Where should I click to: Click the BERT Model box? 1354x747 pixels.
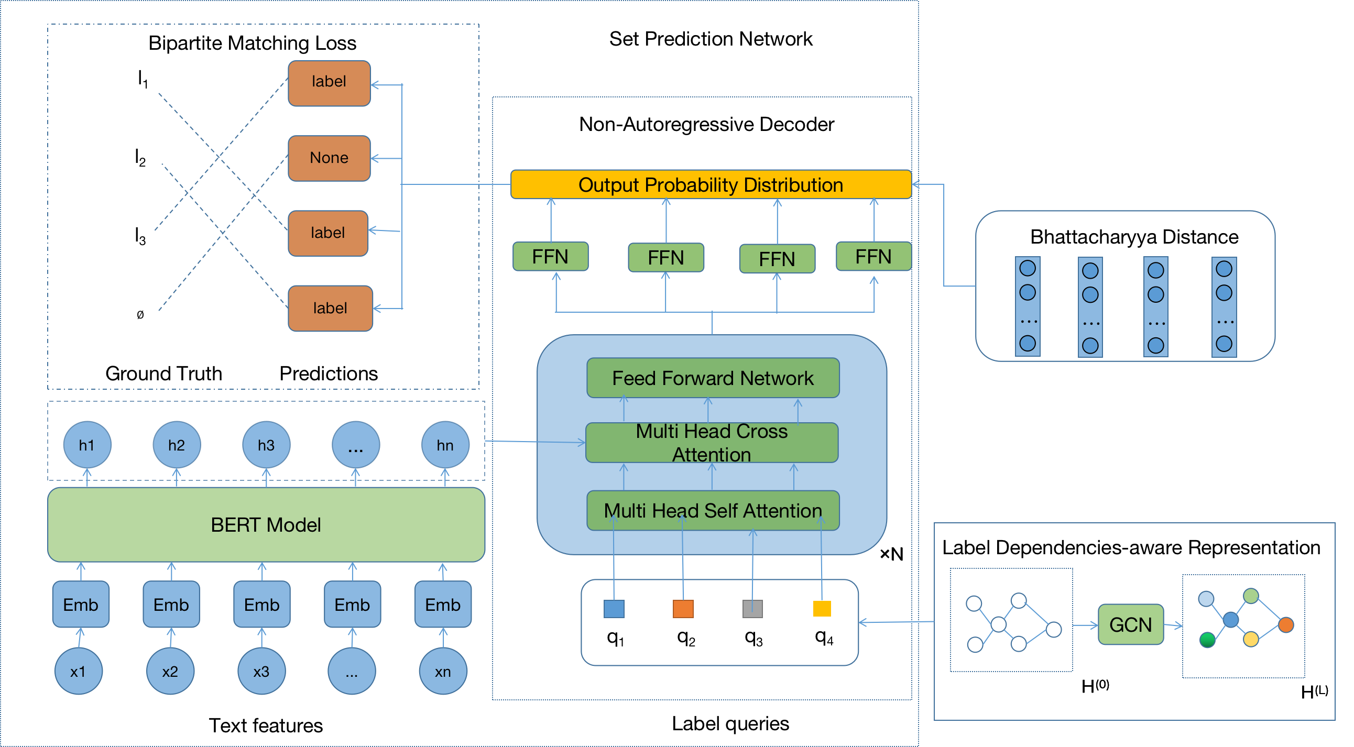coord(266,524)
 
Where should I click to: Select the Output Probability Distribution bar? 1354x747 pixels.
coord(711,184)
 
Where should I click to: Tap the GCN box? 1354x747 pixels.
coord(1131,624)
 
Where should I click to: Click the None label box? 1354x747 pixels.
coord(329,158)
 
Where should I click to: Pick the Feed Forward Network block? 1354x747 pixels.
coord(713,378)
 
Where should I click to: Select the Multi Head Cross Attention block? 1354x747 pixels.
coord(712,442)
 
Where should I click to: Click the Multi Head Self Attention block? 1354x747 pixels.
coord(713,510)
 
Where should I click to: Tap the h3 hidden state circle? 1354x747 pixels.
coord(266,445)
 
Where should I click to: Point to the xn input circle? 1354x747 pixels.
coord(443,672)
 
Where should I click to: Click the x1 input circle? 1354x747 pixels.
coord(78,672)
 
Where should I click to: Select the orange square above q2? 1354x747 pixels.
coord(683,609)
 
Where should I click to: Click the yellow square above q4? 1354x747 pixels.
coord(822,608)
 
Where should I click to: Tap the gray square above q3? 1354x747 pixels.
coord(752,609)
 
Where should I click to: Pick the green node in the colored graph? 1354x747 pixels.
coord(1207,640)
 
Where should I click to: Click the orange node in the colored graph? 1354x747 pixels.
coord(1286,624)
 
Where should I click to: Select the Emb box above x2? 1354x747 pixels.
coord(171,604)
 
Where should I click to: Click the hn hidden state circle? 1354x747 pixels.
coord(445,445)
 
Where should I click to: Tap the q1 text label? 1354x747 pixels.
coord(615,638)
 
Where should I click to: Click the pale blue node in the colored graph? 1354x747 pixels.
coord(1206,598)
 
